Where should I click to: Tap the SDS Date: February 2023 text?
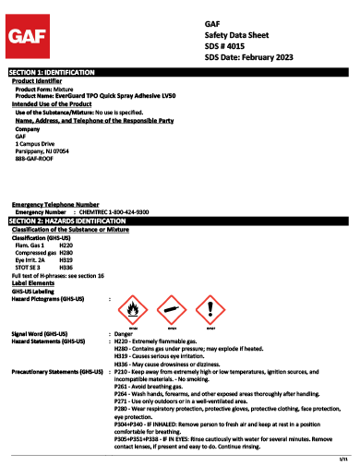tap(250, 57)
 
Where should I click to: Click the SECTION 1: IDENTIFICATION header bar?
tap(180, 71)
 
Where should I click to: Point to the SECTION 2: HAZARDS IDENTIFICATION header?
tap(180, 222)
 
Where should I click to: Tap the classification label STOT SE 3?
tap(27, 267)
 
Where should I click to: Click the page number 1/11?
tap(342, 459)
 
